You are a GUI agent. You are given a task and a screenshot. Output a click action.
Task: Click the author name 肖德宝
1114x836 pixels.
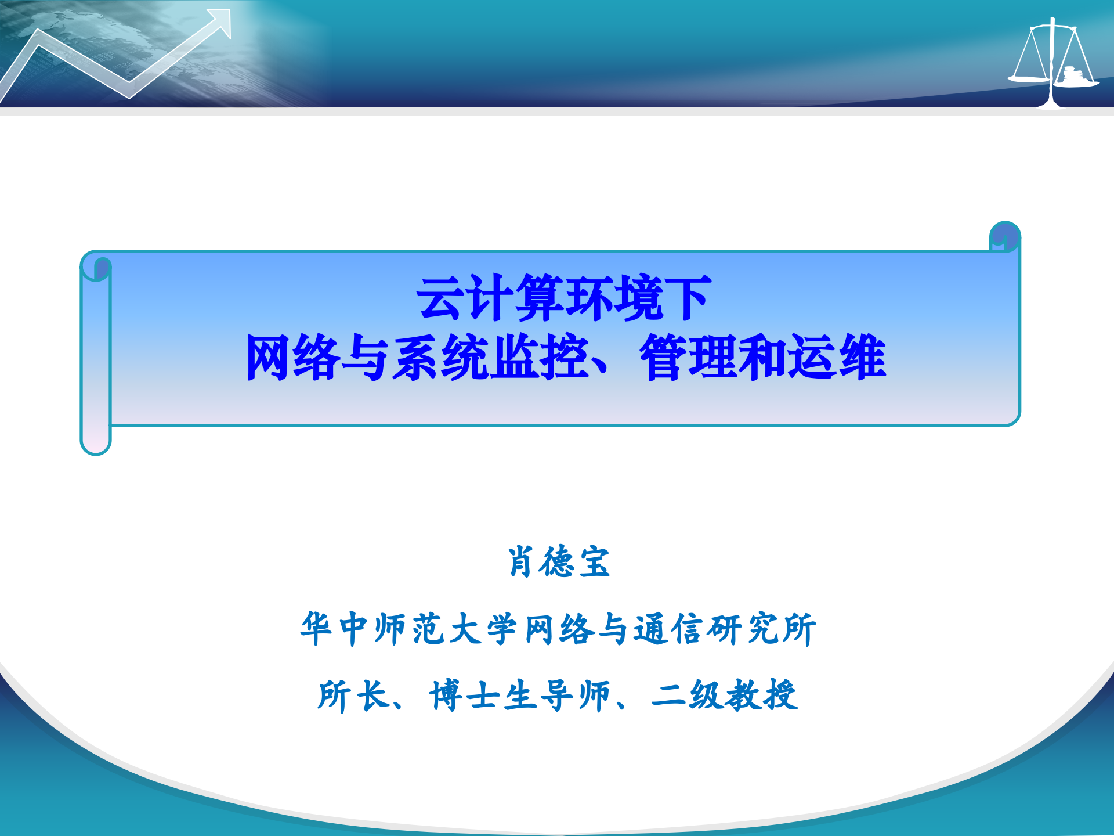point(559,562)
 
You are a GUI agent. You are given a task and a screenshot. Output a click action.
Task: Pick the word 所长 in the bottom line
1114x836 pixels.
point(353,695)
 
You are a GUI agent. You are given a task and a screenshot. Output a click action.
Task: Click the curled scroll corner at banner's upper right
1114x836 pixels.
point(1005,236)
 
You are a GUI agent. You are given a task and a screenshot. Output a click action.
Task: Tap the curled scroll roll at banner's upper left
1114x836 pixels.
point(96,267)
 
